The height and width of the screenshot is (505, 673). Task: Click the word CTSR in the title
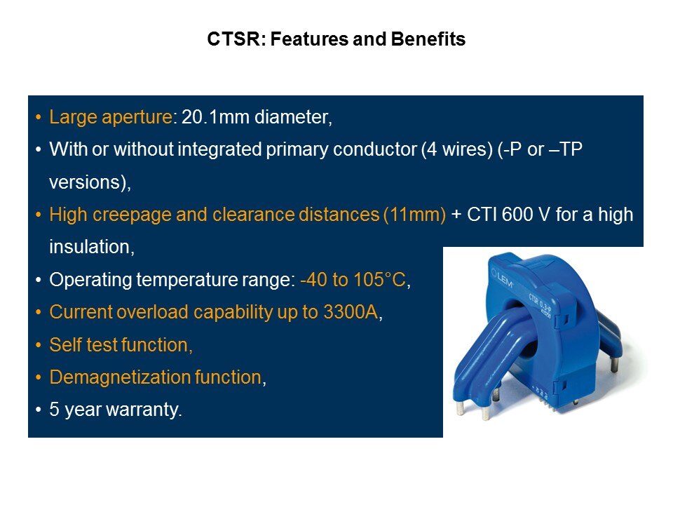coord(234,39)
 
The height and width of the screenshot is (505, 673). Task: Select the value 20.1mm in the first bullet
coord(215,117)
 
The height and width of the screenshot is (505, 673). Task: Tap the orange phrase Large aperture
coord(111,117)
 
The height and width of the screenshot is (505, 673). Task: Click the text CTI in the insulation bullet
coord(482,215)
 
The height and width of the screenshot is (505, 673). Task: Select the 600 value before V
coord(517,215)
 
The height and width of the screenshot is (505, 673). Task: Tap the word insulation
coord(90,247)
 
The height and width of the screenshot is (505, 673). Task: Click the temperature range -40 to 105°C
coord(353,280)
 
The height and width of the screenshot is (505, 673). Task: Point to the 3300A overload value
coord(351,312)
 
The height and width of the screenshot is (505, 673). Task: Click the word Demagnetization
coord(120,377)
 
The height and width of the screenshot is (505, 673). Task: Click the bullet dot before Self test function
coord(39,345)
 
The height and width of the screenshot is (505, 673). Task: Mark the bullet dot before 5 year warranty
coord(39,410)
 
